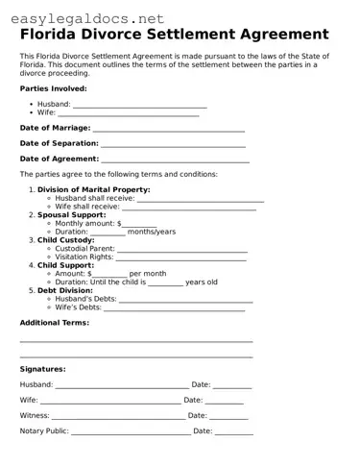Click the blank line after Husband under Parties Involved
139,105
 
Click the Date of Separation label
60,143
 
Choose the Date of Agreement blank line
175,159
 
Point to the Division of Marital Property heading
93,190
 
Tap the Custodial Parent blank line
181,249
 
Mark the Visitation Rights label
84,258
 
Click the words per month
147,274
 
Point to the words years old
202,282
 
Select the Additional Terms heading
54,323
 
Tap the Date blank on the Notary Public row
234,432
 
